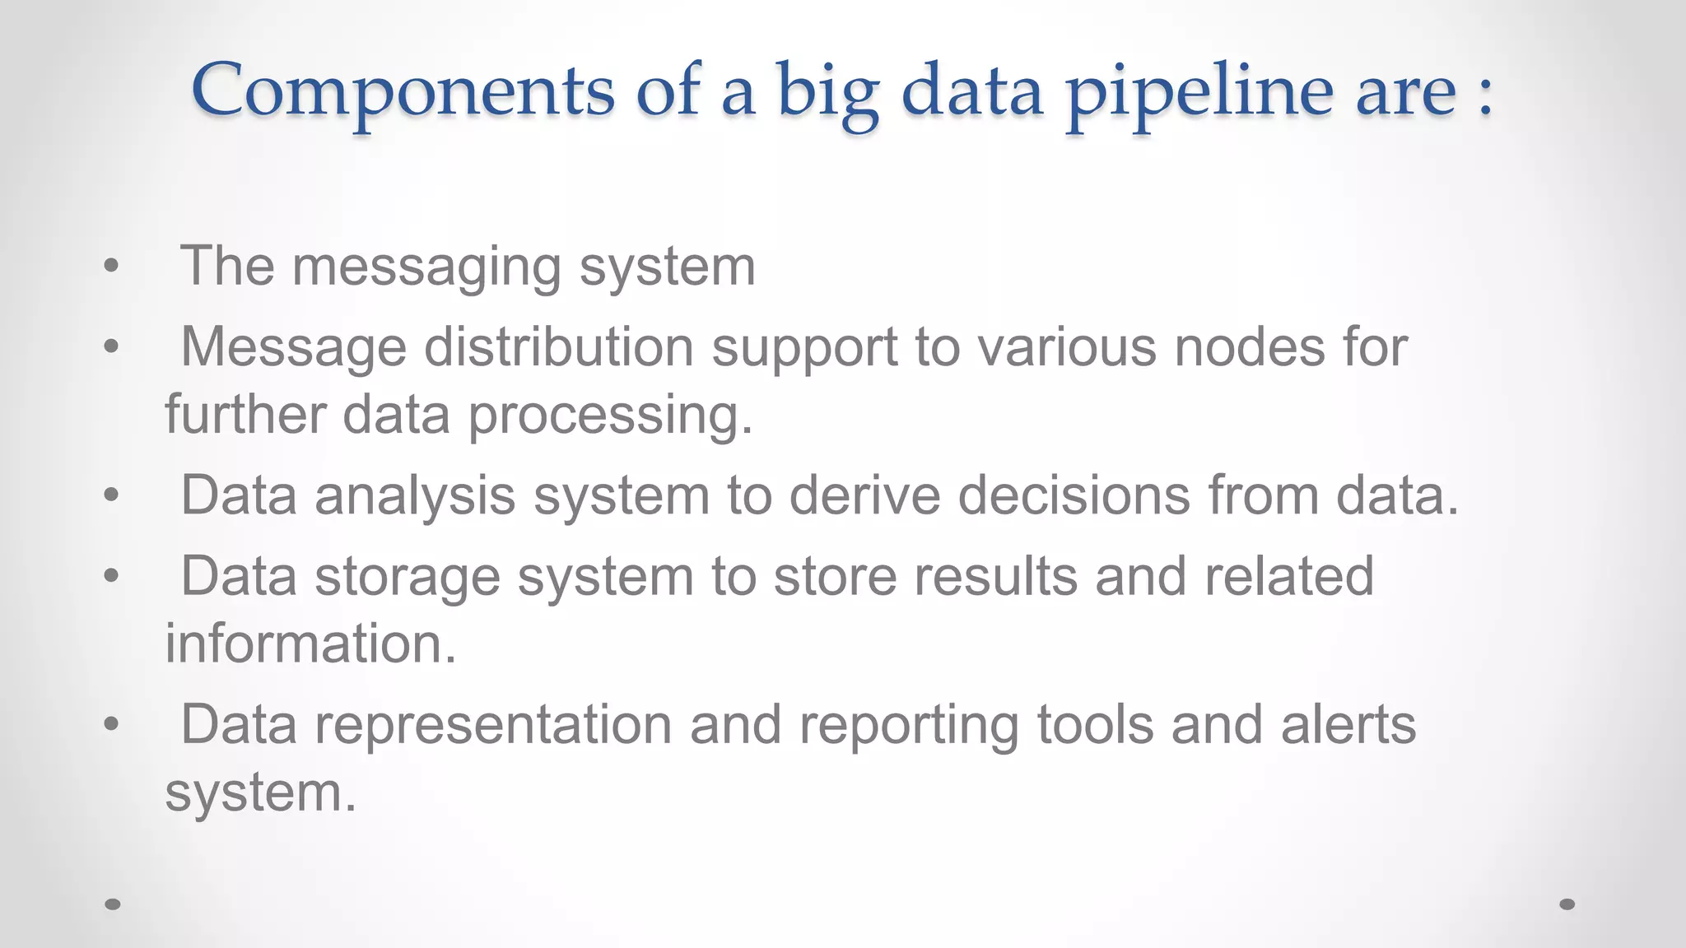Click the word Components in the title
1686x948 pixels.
[403, 91]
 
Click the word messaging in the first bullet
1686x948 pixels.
[426, 267]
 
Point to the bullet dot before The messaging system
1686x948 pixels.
[112, 267]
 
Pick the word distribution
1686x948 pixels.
[559, 346]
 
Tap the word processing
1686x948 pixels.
[610, 414]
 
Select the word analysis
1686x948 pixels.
[415, 495]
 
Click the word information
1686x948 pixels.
[310, 643]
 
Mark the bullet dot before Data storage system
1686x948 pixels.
[112, 576]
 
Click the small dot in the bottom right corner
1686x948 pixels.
[1567, 904]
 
